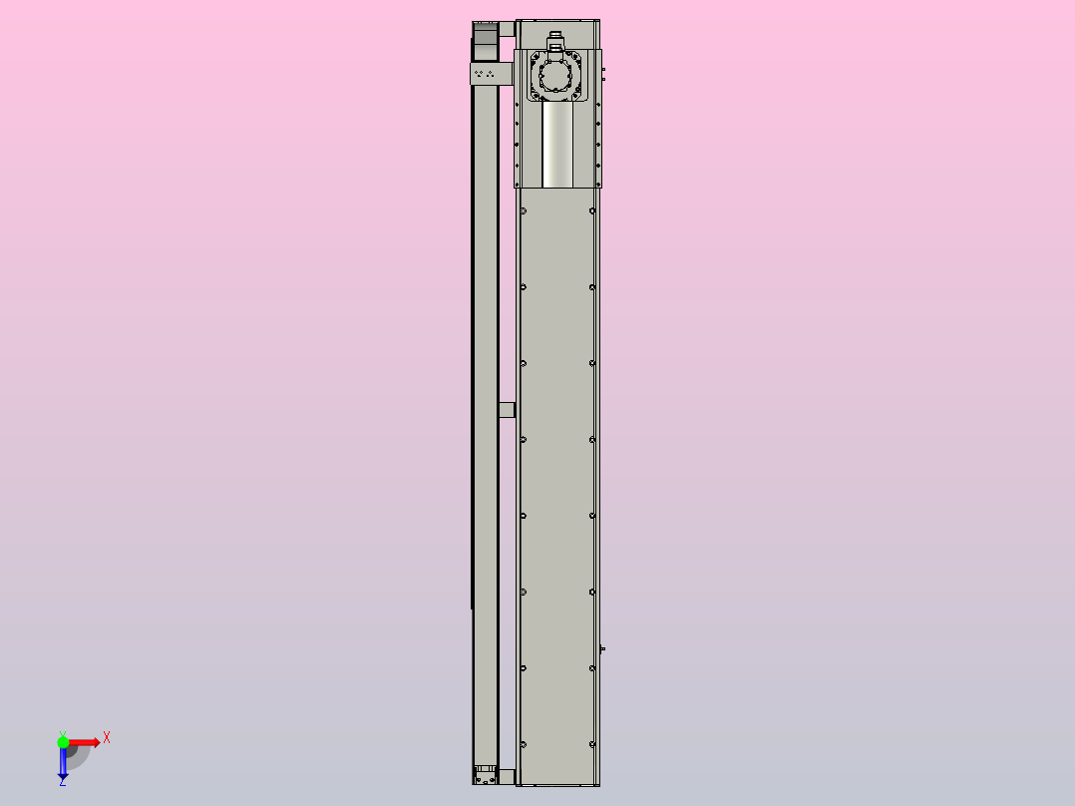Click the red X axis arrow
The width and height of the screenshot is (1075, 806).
[x=85, y=742]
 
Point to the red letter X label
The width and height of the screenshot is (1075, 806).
[x=107, y=737]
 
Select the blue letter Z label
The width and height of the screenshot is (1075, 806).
[x=62, y=782]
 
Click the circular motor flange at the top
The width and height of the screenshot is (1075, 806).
[x=556, y=76]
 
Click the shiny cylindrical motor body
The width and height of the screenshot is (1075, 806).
[x=557, y=146]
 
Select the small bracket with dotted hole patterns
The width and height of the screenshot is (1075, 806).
[x=488, y=74]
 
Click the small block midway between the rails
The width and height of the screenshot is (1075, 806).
[x=507, y=409]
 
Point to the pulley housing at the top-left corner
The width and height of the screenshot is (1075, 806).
[x=485, y=41]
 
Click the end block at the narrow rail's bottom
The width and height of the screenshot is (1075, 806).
[x=486, y=774]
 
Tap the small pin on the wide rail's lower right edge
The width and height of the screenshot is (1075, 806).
[x=603, y=649]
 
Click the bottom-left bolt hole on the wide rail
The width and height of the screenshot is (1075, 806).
[x=524, y=744]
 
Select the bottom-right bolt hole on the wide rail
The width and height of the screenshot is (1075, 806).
[x=592, y=744]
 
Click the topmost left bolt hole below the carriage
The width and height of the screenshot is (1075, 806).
[x=524, y=210]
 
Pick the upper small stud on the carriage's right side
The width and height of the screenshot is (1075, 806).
[x=604, y=71]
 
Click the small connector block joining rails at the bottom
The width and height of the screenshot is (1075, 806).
[x=507, y=775]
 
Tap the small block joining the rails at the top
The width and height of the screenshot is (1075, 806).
[x=507, y=27]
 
